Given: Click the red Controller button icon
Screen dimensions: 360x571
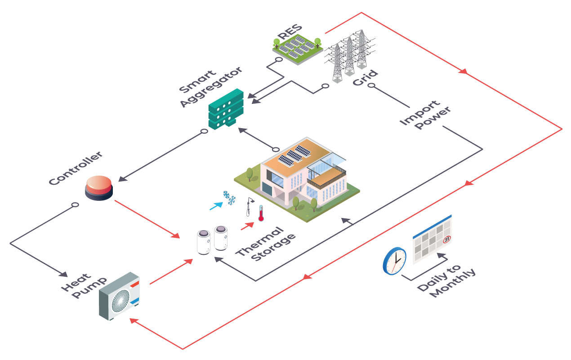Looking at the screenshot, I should point(98,187).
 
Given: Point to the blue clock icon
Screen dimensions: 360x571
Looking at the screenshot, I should point(394,261).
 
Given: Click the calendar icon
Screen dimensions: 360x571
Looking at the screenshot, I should point(432,240).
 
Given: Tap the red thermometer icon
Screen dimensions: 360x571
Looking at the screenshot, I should point(260,213).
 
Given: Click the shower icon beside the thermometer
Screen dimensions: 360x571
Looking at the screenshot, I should point(249,208).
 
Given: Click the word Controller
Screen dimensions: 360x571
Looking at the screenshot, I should point(76,169).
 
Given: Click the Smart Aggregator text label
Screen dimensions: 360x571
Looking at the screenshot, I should point(210,87).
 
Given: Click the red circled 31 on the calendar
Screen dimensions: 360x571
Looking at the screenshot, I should point(446,240).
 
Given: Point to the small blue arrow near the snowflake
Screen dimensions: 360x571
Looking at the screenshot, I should point(216,206).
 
